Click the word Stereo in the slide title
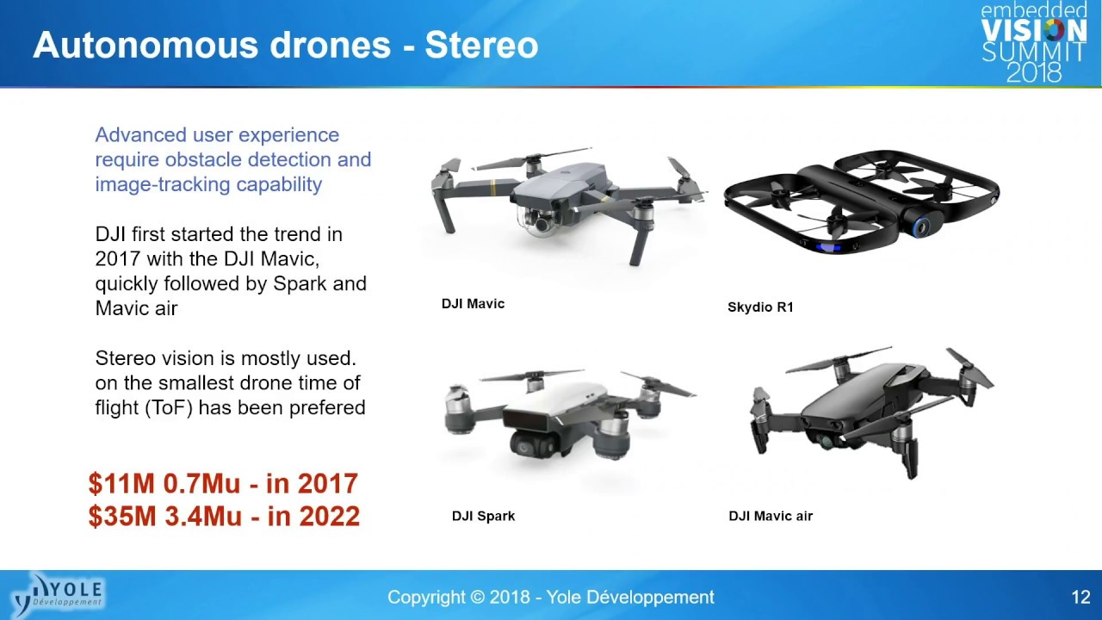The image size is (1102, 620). coord(481,46)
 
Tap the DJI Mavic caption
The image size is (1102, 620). coord(473,304)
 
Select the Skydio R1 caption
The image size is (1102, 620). coord(760,307)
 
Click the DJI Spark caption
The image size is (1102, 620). coord(483,516)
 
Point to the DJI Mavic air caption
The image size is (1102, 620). coord(771,516)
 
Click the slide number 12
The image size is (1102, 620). coord(1080,598)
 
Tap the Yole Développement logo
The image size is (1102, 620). coord(58,595)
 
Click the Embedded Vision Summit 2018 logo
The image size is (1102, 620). coord(1034,42)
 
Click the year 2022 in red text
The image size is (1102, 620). coord(329,516)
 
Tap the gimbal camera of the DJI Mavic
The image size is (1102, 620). coord(541,220)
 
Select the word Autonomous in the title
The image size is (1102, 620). coord(145,46)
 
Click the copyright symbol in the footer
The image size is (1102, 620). coord(477,598)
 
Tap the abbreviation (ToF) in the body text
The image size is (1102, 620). coord(168,408)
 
